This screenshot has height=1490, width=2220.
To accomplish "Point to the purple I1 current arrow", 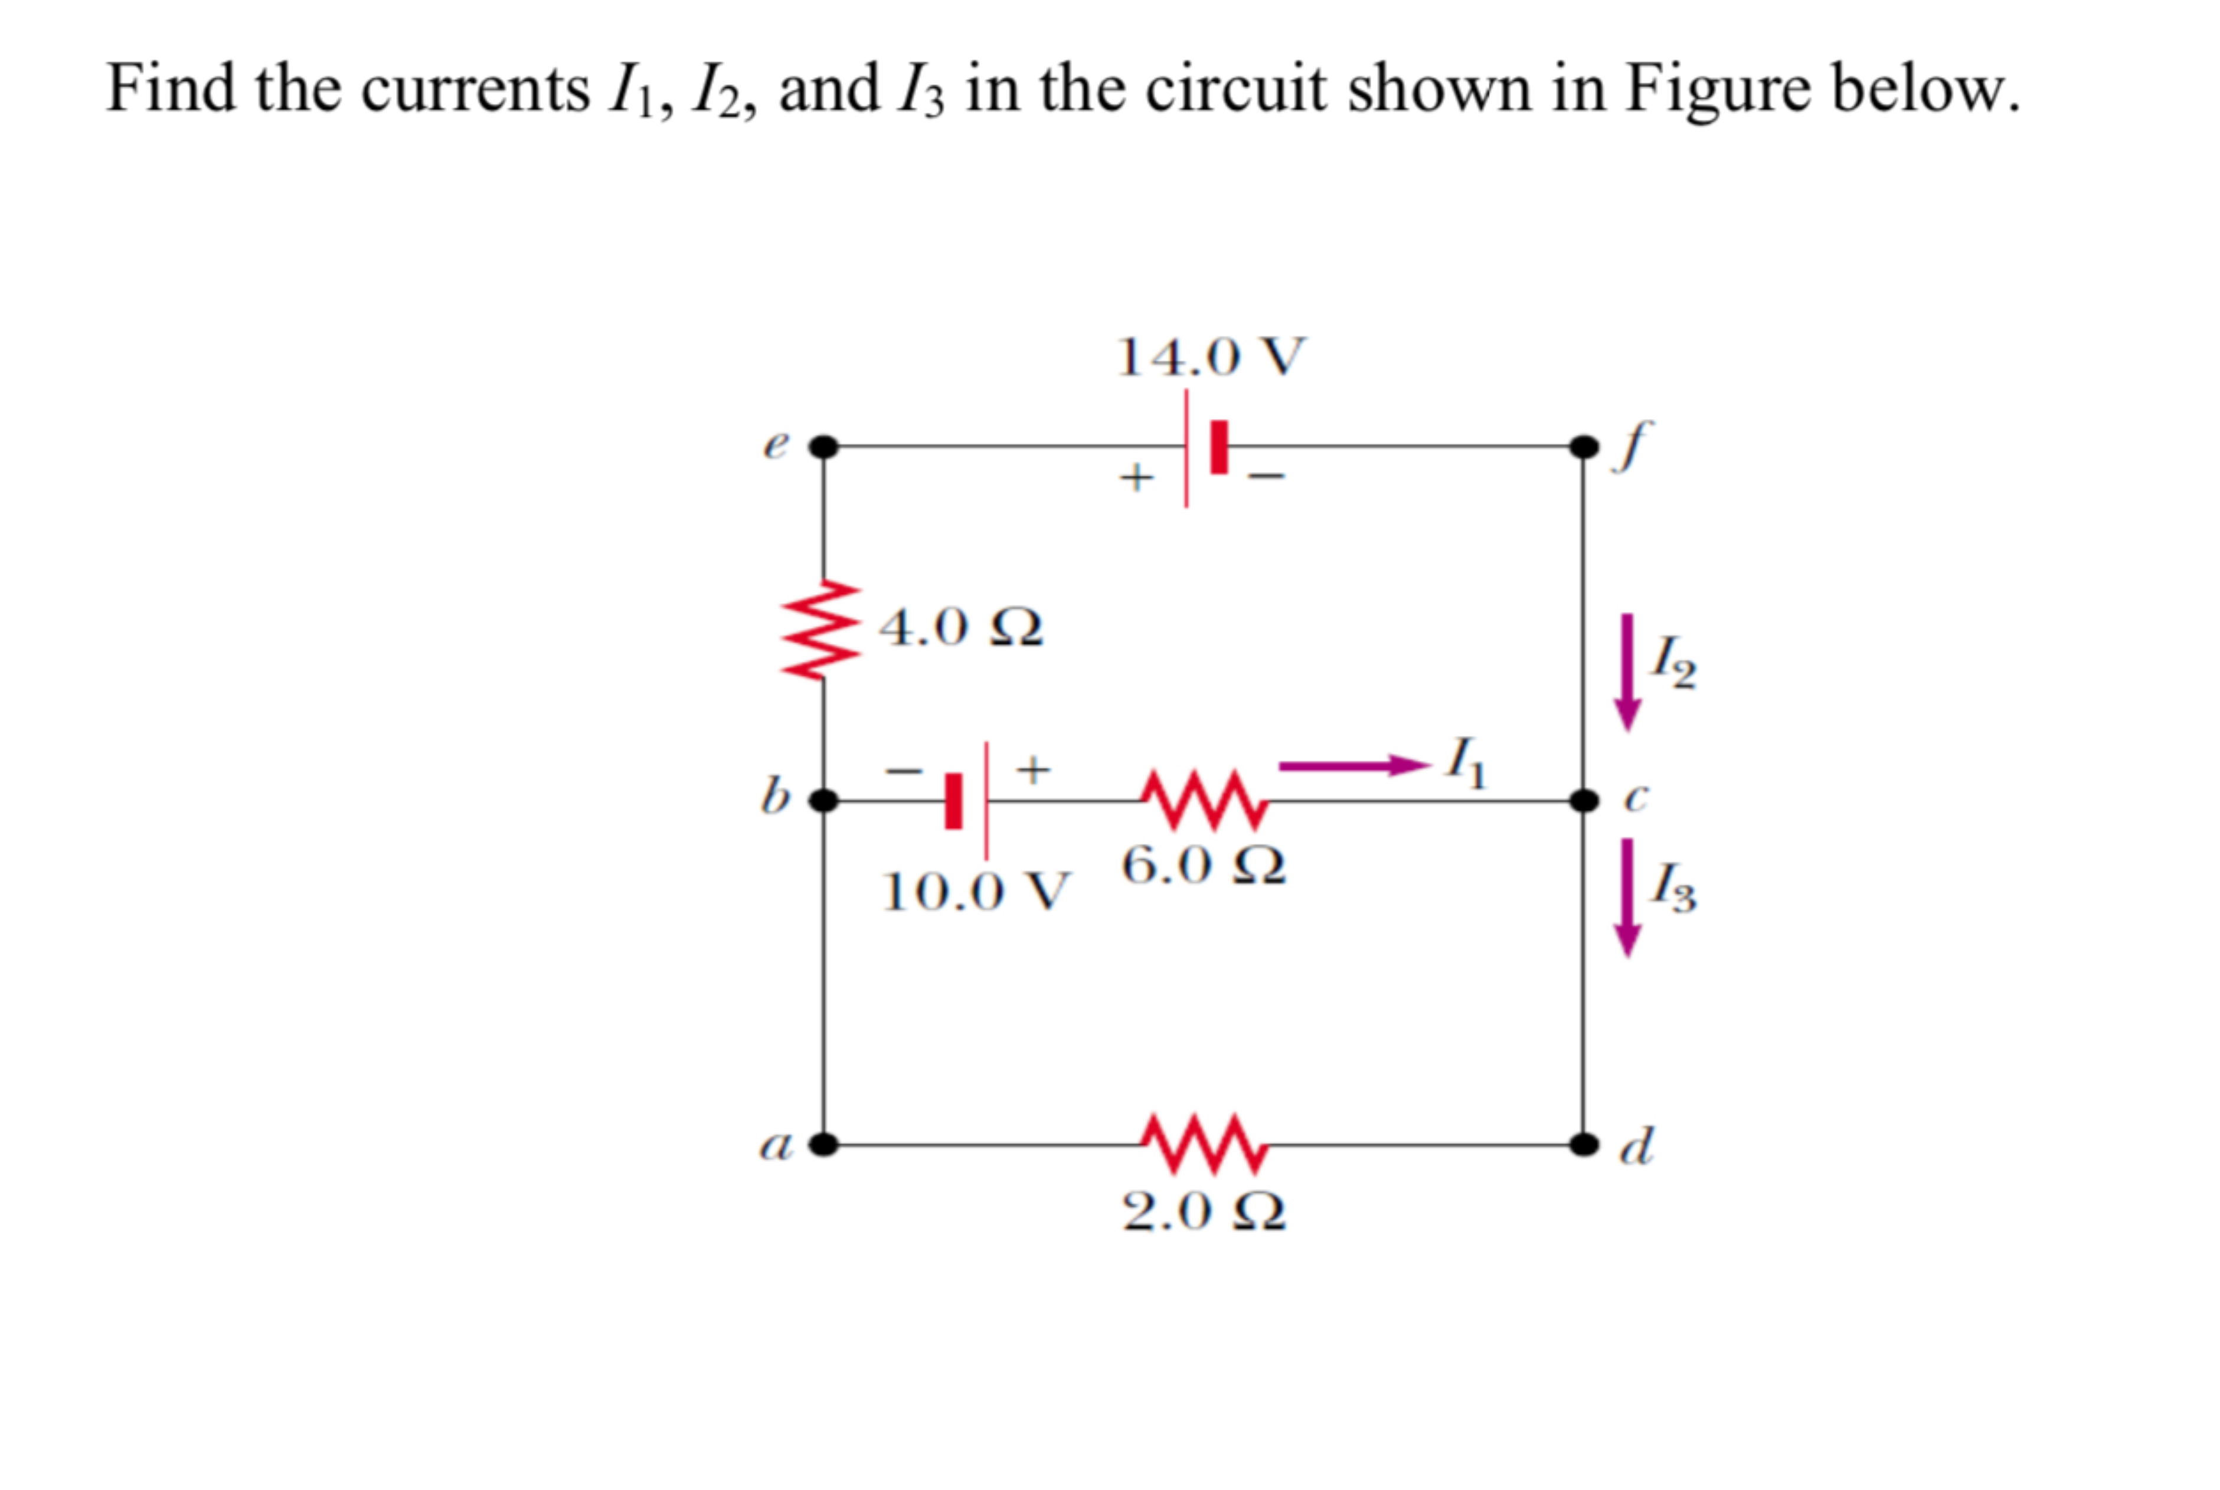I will (x=1353, y=765).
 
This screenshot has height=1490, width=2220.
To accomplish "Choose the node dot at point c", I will (x=1583, y=800).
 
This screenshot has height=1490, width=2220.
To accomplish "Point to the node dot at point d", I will (x=1583, y=1144).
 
